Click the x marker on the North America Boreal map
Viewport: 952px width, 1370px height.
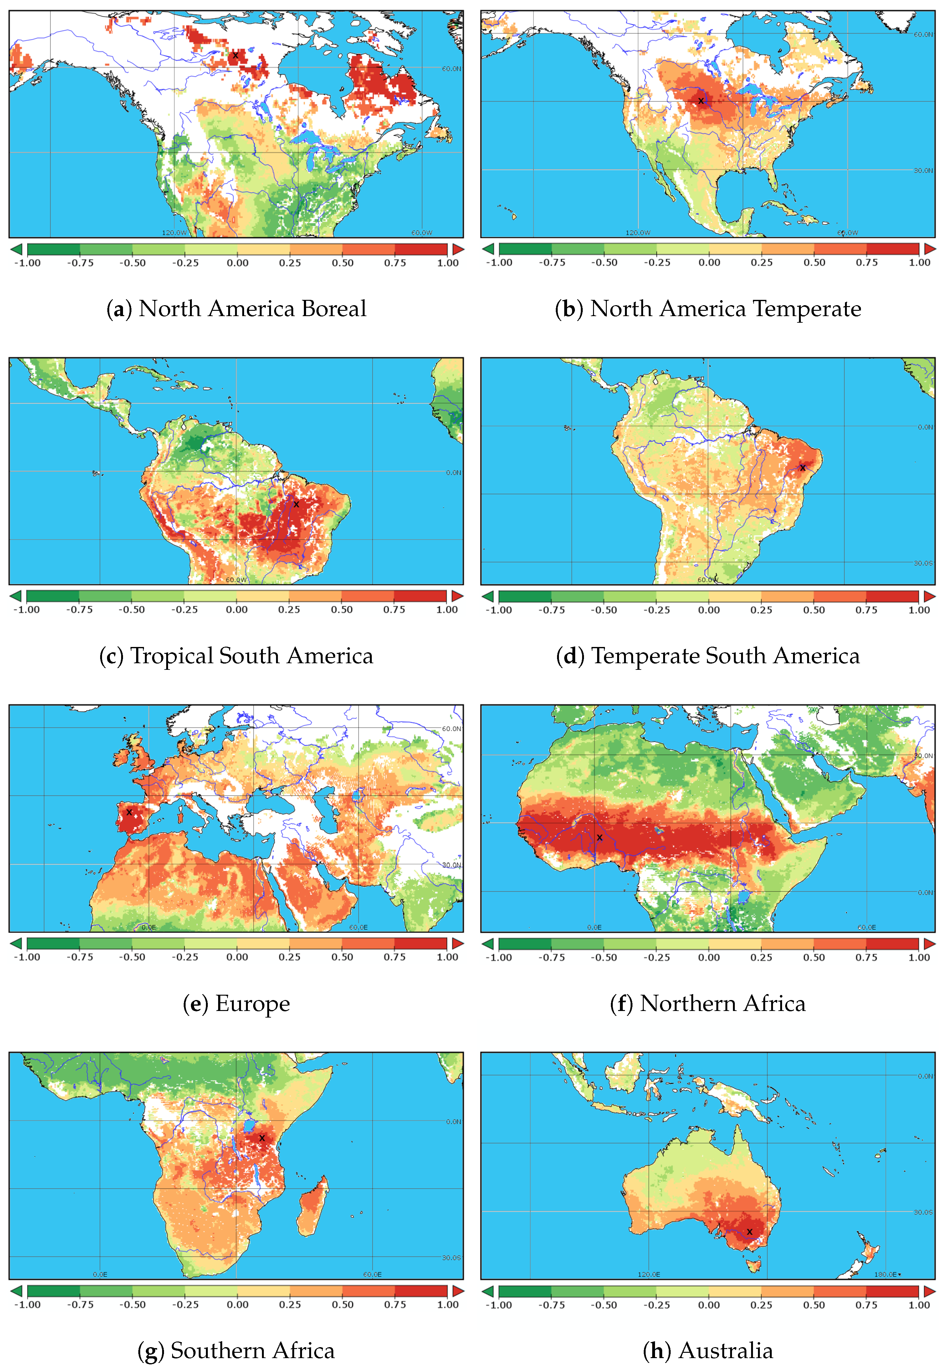(236, 55)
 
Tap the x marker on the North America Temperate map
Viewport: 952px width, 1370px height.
(701, 101)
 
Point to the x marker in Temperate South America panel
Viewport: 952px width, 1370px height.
(802, 468)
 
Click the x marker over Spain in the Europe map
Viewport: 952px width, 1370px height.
(129, 812)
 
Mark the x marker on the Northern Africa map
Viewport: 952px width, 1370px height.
(600, 837)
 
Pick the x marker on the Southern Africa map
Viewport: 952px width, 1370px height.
(262, 1138)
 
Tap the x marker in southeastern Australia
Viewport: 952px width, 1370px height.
(749, 1232)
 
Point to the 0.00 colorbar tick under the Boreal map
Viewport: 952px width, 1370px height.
(238, 263)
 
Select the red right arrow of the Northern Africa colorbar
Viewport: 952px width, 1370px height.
(929, 943)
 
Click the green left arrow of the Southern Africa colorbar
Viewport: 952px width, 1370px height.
(16, 1291)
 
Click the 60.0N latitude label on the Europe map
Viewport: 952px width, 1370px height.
(451, 729)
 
